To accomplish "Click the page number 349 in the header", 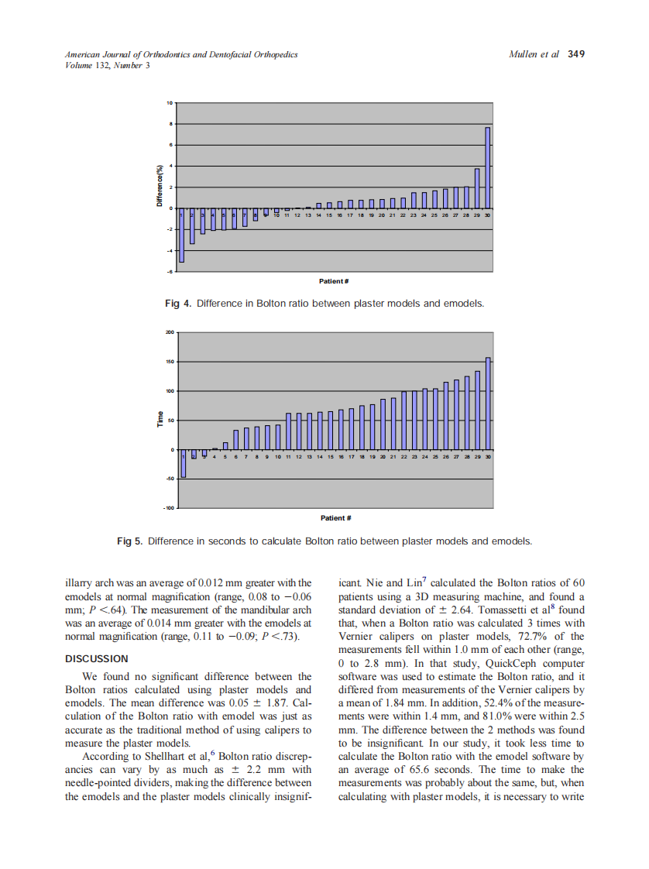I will click(575, 54).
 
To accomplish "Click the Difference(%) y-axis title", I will click(160, 187).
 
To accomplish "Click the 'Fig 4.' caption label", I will click(178, 304).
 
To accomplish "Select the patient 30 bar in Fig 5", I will click(488, 404).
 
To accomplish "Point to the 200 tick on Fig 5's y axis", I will click(169, 333).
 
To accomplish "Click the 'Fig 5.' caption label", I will click(130, 541).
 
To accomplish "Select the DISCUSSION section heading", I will click(97, 659).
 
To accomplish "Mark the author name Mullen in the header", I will click(524, 54).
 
